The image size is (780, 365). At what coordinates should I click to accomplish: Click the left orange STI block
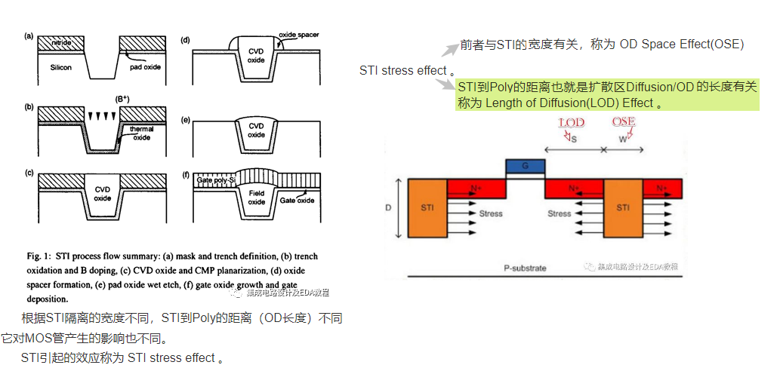click(427, 207)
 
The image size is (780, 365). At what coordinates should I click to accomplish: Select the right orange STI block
click(623, 207)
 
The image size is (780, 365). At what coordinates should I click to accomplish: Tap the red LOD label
click(571, 123)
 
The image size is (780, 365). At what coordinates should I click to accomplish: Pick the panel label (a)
click(29, 35)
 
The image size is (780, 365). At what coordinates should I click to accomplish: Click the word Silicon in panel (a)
click(61, 68)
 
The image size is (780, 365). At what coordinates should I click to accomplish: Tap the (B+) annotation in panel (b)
click(122, 100)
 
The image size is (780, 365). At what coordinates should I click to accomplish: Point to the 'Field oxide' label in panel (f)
click(256, 197)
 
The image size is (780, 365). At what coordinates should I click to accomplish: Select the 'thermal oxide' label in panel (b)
click(142, 133)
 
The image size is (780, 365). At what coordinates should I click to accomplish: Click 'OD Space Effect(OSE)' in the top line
click(681, 44)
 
